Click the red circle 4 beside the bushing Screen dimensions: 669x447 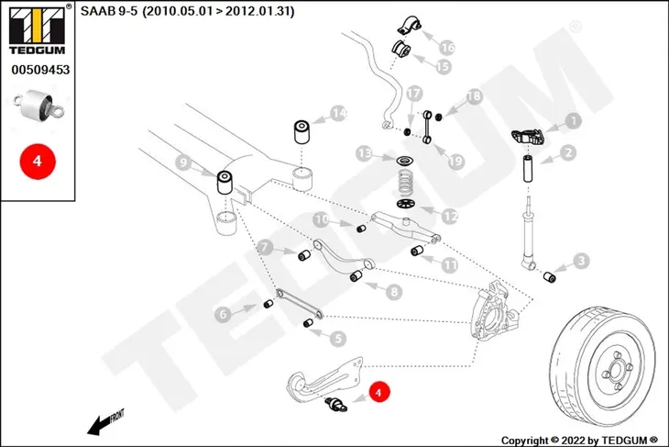pyautogui.click(x=378, y=392)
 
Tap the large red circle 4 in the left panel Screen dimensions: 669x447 pyautogui.click(x=38, y=162)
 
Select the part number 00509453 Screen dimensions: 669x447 pyautogui.click(x=40, y=70)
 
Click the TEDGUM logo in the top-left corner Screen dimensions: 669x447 pyautogui.click(x=38, y=29)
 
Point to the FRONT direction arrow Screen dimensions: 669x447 pyautogui.click(x=105, y=422)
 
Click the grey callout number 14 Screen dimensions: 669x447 pyautogui.click(x=338, y=113)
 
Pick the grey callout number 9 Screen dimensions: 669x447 pyautogui.click(x=183, y=162)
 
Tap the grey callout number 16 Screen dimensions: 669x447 pyautogui.click(x=447, y=48)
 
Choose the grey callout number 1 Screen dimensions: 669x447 pyautogui.click(x=574, y=121)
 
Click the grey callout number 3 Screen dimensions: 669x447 pyautogui.click(x=581, y=261)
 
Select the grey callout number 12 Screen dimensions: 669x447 pyautogui.click(x=449, y=217)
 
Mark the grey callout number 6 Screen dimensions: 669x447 pyautogui.click(x=223, y=315)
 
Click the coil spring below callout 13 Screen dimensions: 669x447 pyautogui.click(x=405, y=183)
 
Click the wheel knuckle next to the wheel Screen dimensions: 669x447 pyautogui.click(x=495, y=309)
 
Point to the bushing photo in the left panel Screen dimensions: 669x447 pyautogui.click(x=38, y=105)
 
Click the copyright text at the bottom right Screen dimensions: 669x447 pyautogui.click(x=580, y=441)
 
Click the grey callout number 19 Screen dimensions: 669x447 pyautogui.click(x=455, y=162)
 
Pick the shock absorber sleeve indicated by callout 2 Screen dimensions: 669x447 pyautogui.click(x=528, y=169)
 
